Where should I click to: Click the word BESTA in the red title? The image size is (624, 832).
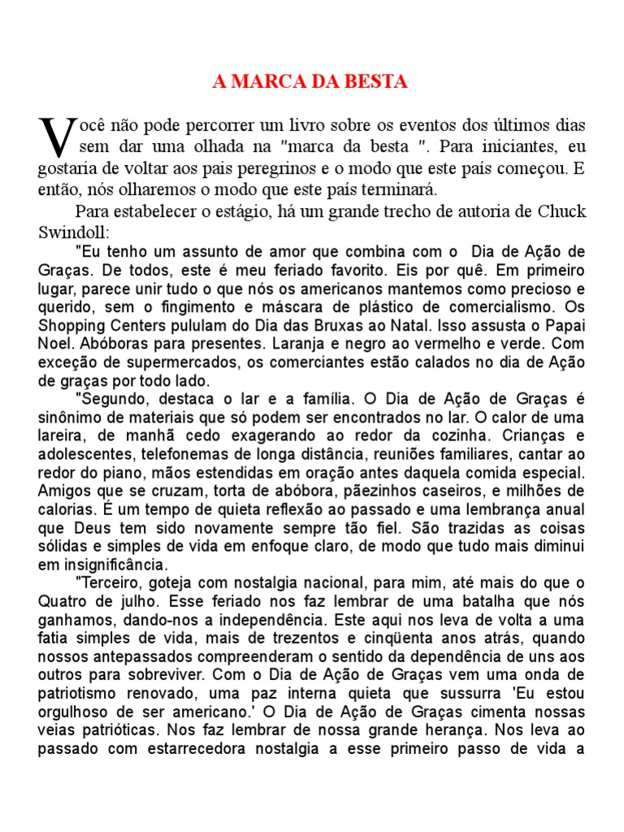(379, 82)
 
